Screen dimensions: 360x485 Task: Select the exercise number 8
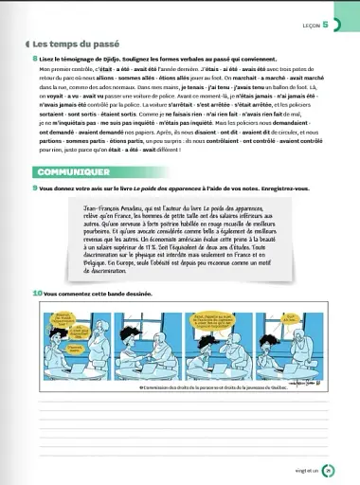click(33, 59)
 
